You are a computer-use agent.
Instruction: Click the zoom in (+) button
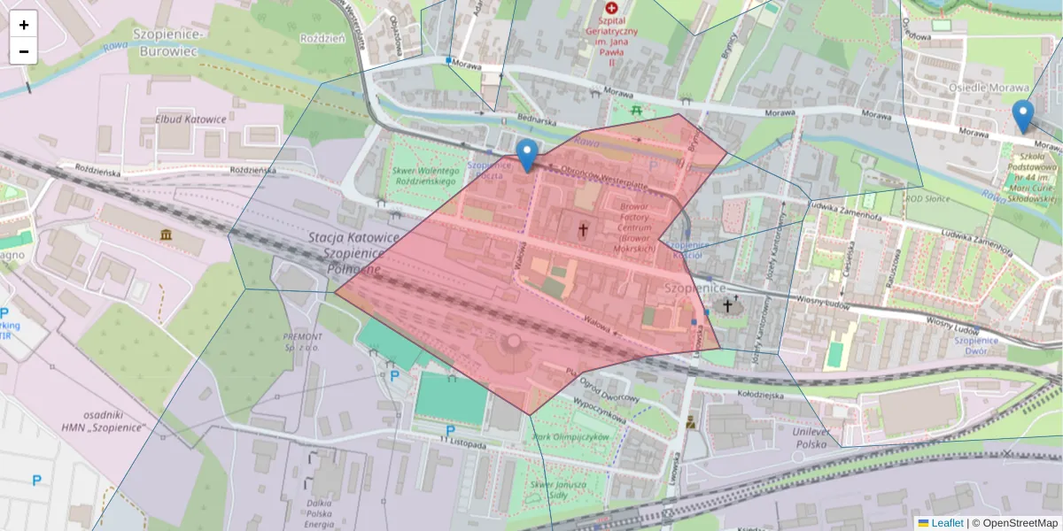(x=24, y=25)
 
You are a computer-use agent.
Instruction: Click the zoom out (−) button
(x=24, y=51)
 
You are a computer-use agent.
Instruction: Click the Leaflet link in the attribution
(x=947, y=523)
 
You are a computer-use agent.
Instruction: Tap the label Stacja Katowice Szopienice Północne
(x=353, y=253)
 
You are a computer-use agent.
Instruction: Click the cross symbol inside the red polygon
(x=583, y=231)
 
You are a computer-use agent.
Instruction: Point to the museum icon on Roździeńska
(x=167, y=234)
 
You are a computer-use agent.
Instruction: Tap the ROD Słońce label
(x=926, y=198)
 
